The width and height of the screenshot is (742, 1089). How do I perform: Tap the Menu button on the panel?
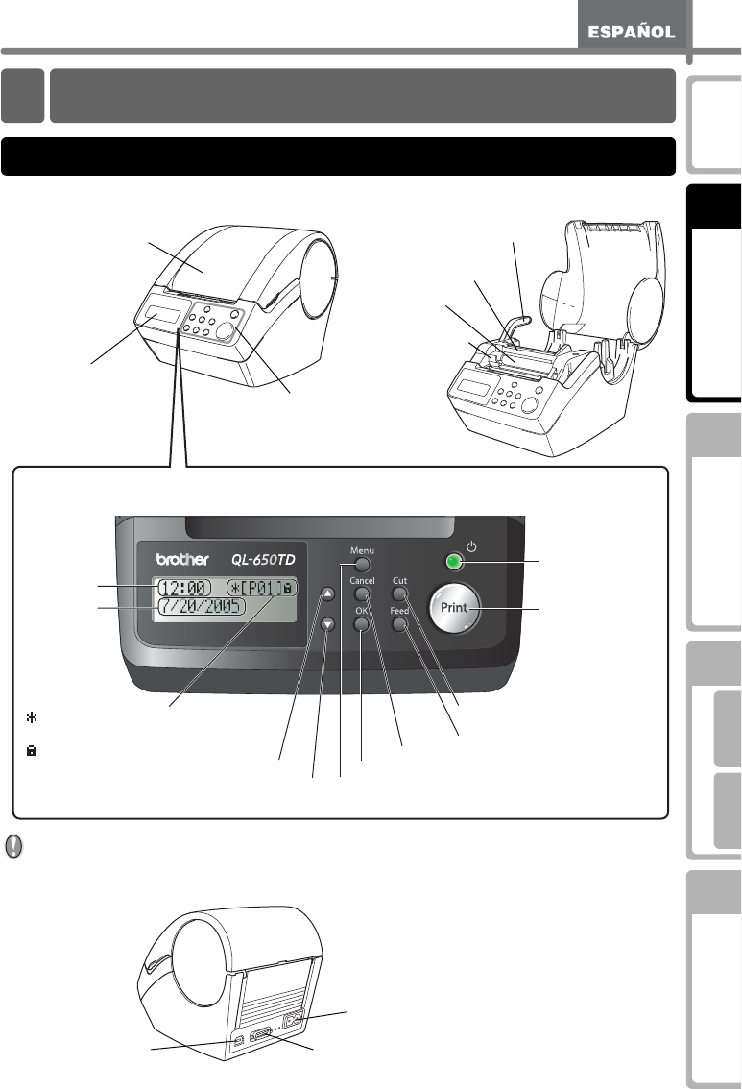coord(361,565)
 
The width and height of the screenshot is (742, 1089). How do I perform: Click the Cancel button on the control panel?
coord(362,595)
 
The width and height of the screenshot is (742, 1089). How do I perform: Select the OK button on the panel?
coord(361,625)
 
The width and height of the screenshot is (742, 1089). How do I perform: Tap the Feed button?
coord(401,624)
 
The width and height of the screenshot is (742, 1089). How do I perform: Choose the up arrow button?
coord(328,593)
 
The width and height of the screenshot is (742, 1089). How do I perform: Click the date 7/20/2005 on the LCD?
coord(202,608)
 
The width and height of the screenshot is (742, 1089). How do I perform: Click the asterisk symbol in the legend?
coord(31,717)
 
